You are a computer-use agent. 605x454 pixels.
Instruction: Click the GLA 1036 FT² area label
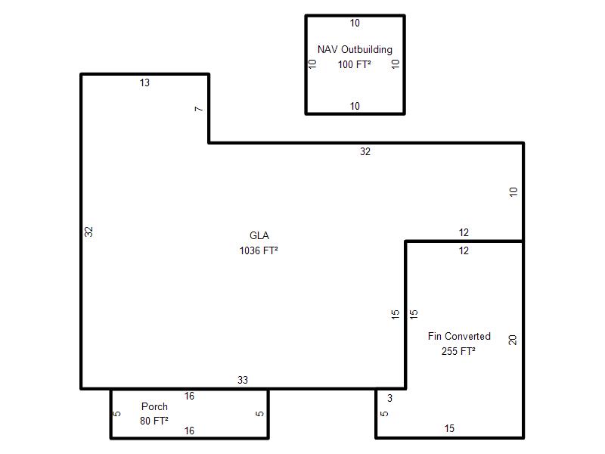pos(259,243)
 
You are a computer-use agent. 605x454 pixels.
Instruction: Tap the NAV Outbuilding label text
pos(355,50)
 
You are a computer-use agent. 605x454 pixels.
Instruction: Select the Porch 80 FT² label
pos(154,413)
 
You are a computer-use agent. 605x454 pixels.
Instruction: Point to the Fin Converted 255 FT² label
pos(459,344)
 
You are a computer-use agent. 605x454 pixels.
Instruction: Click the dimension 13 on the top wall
pos(144,82)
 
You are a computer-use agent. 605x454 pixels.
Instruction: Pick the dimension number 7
pos(199,109)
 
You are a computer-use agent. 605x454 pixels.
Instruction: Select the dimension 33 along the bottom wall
pos(243,380)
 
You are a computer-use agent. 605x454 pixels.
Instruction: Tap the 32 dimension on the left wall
pos(88,232)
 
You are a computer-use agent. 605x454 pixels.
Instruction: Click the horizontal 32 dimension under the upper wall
pos(365,152)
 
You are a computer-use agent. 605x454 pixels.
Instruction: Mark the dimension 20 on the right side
pos(513,340)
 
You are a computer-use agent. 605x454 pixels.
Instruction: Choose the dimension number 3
pos(389,398)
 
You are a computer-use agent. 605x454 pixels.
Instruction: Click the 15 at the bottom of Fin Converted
pos(449,428)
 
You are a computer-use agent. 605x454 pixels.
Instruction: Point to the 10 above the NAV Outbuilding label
pos(355,23)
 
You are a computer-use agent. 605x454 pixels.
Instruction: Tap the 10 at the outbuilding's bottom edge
pos(355,106)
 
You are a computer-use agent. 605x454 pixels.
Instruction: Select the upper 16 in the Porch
pos(189,396)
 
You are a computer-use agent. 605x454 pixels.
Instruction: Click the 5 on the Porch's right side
pos(259,414)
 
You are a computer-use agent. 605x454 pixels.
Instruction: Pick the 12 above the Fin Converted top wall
pos(464,232)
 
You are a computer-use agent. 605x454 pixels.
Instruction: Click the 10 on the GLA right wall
pos(513,192)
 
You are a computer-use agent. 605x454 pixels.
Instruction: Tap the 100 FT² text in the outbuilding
pos(355,64)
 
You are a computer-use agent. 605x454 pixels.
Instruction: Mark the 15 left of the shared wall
pos(395,314)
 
